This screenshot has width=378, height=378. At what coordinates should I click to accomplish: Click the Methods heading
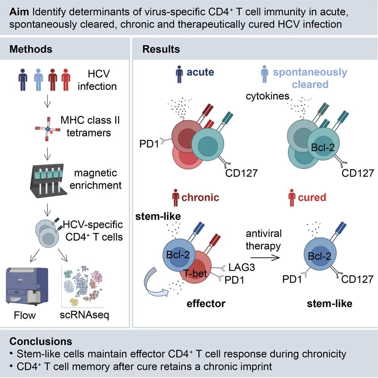(31, 49)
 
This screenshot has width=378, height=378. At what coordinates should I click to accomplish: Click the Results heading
(161, 49)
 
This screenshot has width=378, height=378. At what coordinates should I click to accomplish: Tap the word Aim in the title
(17, 11)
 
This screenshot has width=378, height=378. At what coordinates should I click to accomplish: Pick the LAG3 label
(241, 268)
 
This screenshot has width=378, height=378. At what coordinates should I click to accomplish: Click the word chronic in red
(200, 197)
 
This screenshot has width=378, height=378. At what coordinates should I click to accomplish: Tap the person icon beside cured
(291, 198)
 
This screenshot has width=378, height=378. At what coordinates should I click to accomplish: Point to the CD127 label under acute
(241, 174)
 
